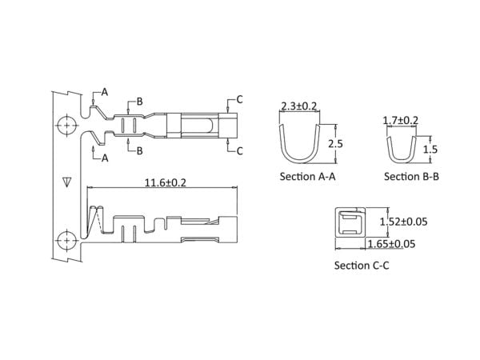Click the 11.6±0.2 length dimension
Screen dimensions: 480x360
[166, 183]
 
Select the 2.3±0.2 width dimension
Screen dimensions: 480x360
[298, 106]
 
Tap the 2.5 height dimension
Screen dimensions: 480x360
[335, 143]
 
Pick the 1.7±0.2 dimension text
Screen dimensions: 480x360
[401, 120]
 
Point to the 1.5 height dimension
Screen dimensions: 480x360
[430, 150]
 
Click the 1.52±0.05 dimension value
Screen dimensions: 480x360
[403, 222]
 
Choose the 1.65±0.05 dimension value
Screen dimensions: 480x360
[391, 244]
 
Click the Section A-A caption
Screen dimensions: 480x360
[308, 177]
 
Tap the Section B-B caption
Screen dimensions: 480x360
[411, 177]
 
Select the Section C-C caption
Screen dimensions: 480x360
[362, 266]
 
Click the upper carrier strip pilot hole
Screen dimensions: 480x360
[66, 126]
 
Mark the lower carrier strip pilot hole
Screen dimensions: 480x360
[66, 241]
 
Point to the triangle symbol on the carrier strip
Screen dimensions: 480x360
[66, 182]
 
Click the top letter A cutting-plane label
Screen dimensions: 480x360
[105, 92]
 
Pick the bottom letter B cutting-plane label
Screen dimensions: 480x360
[139, 150]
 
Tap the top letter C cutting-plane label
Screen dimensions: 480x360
[239, 99]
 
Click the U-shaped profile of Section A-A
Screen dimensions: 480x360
[299, 160]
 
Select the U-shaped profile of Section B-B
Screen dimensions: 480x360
[402, 160]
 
